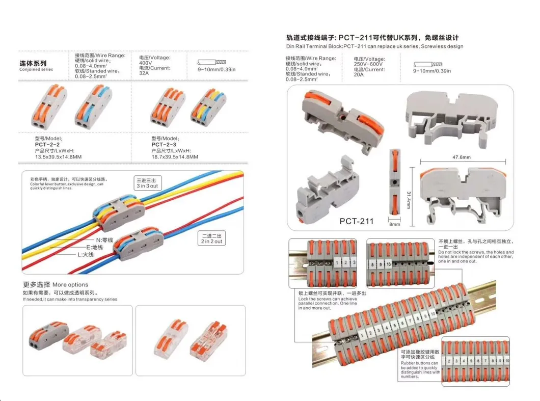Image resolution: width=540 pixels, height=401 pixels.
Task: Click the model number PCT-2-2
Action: click(45, 144)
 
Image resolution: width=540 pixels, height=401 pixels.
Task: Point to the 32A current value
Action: click(144, 73)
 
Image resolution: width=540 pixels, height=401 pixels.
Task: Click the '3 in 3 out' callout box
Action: click(147, 183)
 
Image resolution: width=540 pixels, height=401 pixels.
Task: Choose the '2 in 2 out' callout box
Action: click(211, 239)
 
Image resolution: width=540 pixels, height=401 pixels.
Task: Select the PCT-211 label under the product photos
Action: click(356, 221)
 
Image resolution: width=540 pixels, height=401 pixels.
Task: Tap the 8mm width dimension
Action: click(395, 224)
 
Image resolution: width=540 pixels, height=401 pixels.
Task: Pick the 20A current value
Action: click(359, 74)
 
